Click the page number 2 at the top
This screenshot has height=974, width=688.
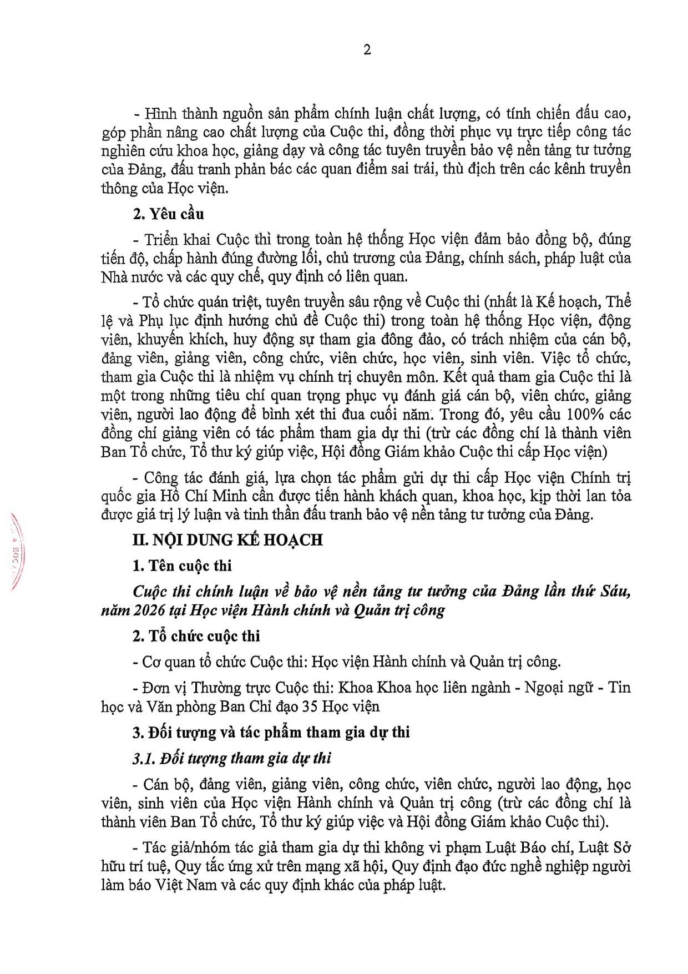[x=367, y=50]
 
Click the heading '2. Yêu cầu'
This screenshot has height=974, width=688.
[x=168, y=214]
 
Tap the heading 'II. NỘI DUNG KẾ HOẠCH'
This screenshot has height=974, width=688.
[x=227, y=540]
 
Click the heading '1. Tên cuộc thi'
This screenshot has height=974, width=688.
[x=182, y=566]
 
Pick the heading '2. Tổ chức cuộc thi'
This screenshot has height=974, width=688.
[x=196, y=636]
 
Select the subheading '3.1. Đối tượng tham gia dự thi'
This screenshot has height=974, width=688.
[x=231, y=758]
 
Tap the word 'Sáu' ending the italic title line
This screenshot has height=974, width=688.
[x=615, y=592]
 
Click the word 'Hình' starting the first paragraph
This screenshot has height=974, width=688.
[x=160, y=114]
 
